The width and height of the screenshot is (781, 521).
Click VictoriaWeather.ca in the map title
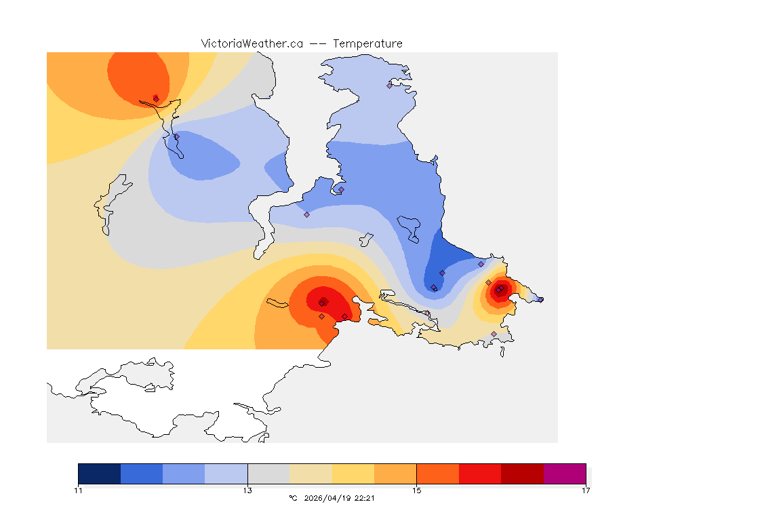(x=252, y=43)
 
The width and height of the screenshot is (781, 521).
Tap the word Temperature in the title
(x=367, y=43)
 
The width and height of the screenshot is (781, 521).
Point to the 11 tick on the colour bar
(x=79, y=490)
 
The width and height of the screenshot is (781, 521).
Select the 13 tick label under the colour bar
(x=247, y=490)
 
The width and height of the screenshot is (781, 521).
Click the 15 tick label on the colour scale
(x=417, y=490)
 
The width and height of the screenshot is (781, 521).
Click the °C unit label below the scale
(x=293, y=498)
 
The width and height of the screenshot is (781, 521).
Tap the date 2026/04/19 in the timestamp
(x=329, y=498)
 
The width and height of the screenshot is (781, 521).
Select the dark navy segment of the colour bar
(x=99, y=474)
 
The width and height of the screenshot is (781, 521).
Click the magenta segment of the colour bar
(x=565, y=474)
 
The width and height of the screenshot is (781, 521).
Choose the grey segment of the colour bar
(x=268, y=474)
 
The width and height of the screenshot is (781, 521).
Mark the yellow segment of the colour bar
(x=353, y=474)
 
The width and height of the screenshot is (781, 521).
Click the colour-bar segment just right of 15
(x=438, y=474)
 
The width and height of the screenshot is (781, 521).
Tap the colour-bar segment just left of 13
(x=226, y=474)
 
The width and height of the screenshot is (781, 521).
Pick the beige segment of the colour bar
(x=311, y=474)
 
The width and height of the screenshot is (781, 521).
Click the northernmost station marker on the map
(x=390, y=85)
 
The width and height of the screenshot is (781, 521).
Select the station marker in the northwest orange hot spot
(x=156, y=98)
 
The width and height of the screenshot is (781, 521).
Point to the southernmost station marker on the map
(x=494, y=334)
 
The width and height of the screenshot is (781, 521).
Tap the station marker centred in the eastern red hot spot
(x=499, y=290)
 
